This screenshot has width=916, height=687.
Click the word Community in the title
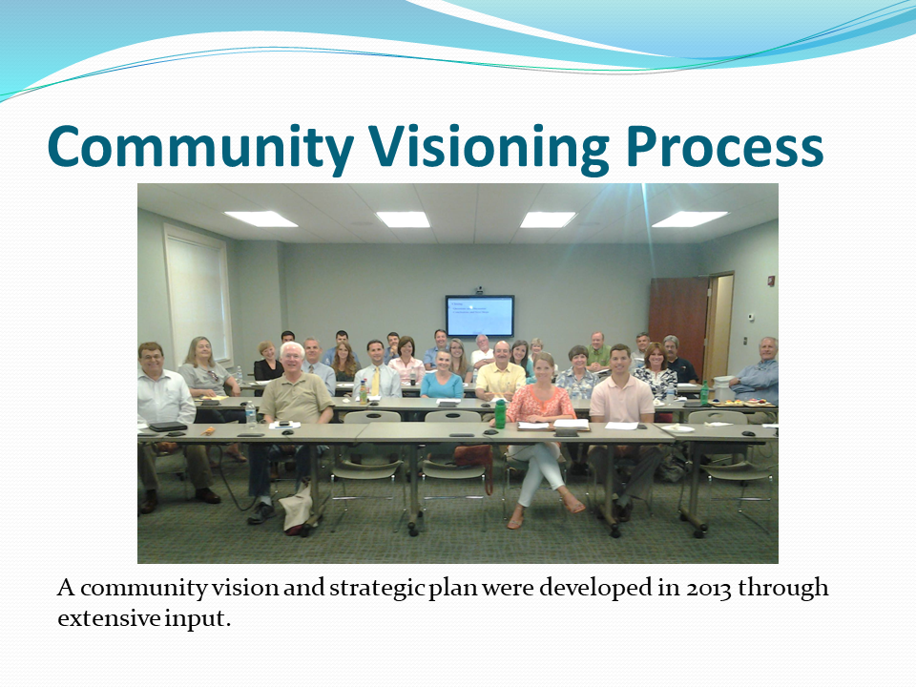[x=201, y=147]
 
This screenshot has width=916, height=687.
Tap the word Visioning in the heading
[x=489, y=149]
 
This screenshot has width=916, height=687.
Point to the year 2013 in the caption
[x=709, y=588]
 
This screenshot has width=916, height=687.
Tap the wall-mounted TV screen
[x=480, y=316]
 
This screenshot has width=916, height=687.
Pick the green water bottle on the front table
[x=500, y=413]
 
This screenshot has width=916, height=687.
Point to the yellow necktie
[x=376, y=380]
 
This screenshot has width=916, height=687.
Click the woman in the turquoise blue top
[x=442, y=377]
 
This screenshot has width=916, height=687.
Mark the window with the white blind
[x=198, y=294]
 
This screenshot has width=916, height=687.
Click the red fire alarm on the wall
[x=771, y=281]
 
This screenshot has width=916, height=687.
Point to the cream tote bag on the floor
[x=298, y=509]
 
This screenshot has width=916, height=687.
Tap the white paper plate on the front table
[x=677, y=429]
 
